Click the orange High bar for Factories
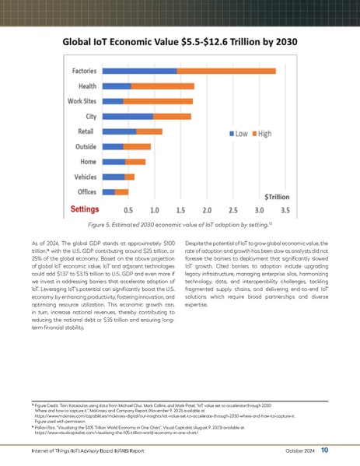click(x=225, y=71)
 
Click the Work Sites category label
click(x=82, y=101)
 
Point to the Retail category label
click(x=86, y=131)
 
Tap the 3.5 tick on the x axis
click(x=285, y=210)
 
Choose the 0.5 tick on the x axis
click(x=128, y=210)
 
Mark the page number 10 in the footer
click(x=324, y=449)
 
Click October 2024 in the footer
click(x=295, y=450)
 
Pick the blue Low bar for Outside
click(x=113, y=146)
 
